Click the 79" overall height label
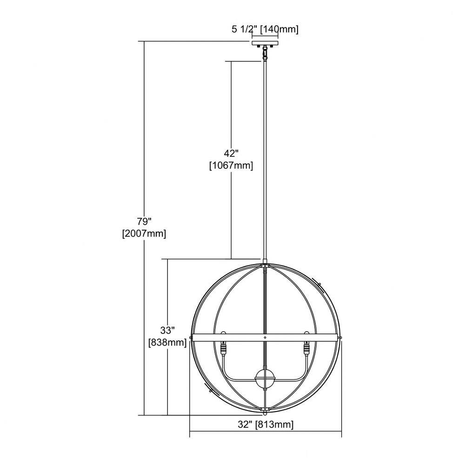pyautogui.click(x=145, y=221)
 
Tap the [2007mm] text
pyautogui.click(x=144, y=234)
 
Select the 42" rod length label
pyautogui.click(x=231, y=153)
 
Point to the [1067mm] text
pyautogui.click(x=231, y=166)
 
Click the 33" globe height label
pyautogui.click(x=167, y=330)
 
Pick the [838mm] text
pyautogui.click(x=167, y=343)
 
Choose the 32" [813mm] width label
pyautogui.click(x=266, y=425)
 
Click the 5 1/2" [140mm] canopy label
pyautogui.click(x=265, y=29)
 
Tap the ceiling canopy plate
pyautogui.click(x=265, y=43)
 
